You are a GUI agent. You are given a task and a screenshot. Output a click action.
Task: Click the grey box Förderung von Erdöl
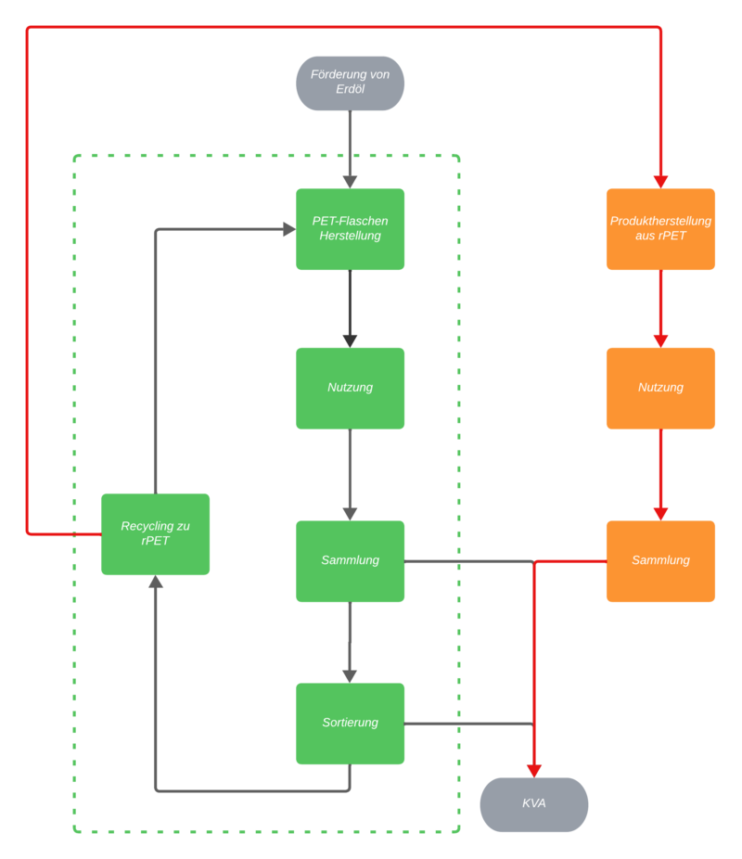tap(350, 83)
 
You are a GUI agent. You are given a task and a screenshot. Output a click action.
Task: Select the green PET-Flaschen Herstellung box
tap(350, 229)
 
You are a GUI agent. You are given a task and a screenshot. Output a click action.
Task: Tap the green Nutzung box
tap(350, 388)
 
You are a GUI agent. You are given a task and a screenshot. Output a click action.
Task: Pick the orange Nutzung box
tap(660, 388)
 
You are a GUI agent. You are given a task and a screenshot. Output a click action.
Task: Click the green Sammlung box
tap(350, 560)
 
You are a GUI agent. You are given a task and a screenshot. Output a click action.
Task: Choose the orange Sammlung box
tap(660, 560)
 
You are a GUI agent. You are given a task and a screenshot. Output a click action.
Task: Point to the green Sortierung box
tap(350, 723)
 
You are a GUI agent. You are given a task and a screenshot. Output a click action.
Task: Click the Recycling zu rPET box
tap(155, 533)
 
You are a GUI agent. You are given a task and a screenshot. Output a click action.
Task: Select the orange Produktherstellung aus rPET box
tap(660, 229)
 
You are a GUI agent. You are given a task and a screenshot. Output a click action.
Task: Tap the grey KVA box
tap(533, 803)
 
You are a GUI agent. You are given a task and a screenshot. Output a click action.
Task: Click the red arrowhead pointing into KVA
tap(533, 770)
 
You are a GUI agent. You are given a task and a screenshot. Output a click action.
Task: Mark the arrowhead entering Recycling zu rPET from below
tap(155, 583)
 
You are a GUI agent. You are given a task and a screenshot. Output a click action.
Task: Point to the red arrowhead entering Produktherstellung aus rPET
tap(660, 180)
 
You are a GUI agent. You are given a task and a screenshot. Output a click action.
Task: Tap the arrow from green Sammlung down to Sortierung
tap(350, 640)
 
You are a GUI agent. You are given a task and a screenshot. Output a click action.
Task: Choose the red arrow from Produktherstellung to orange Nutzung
tap(660, 306)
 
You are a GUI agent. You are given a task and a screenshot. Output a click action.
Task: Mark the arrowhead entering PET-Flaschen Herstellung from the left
tap(288, 229)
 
